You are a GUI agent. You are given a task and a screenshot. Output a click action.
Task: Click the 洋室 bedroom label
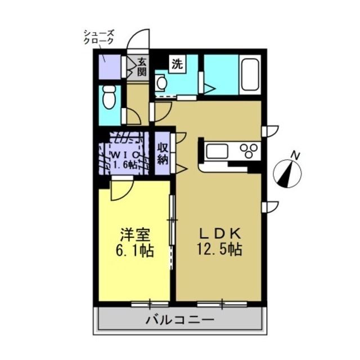135,235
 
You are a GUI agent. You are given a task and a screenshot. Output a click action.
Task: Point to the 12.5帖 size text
219,250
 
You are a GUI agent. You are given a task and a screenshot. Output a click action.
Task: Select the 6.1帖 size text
135,251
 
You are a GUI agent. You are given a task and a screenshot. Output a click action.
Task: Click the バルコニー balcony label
180,320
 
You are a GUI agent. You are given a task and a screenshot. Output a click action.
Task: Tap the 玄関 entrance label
142,67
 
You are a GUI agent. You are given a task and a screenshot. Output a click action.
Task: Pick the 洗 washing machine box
178,64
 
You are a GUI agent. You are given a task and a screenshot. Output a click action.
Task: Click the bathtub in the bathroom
250,75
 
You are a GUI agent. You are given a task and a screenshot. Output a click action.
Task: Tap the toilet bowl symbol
109,97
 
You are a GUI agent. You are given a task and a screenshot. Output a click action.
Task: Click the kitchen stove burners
249,150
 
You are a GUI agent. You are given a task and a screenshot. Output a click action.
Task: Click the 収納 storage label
163,154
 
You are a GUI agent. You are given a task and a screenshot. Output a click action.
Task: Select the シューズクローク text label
99,37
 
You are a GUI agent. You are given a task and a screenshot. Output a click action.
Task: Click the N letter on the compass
295,156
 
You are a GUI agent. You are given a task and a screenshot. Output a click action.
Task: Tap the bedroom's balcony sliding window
150,304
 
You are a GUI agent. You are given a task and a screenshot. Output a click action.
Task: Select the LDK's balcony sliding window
222,304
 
